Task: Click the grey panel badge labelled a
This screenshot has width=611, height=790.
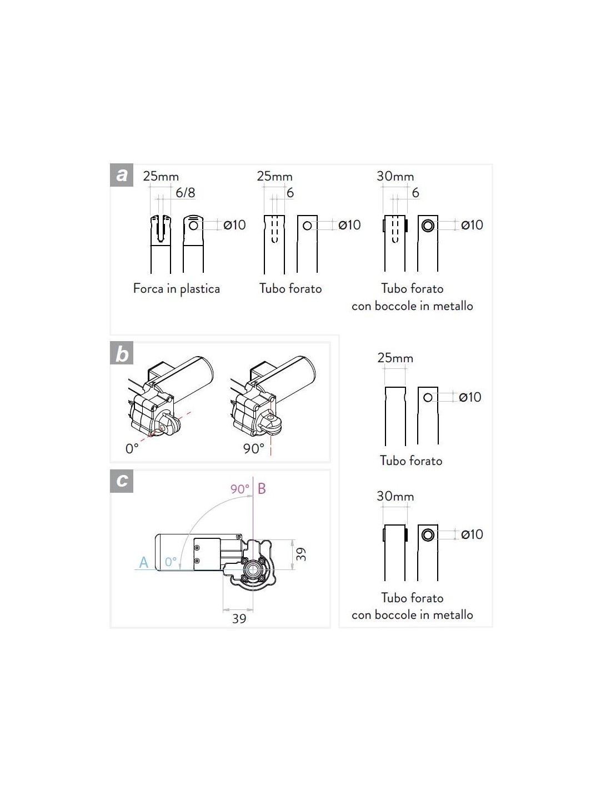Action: tap(122, 175)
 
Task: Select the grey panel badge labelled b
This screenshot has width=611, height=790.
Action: tap(122, 353)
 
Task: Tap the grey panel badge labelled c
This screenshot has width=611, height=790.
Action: tap(122, 481)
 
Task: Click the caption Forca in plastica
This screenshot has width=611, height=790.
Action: tap(176, 289)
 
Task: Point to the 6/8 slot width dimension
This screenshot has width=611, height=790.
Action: tap(186, 192)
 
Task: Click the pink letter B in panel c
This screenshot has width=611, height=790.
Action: tap(262, 489)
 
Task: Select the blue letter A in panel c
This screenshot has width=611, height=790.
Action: tap(144, 562)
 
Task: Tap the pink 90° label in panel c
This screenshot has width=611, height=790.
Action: tap(240, 489)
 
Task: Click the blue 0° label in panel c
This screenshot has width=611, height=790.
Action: tap(171, 562)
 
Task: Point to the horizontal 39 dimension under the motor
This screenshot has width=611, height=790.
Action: tap(239, 618)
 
